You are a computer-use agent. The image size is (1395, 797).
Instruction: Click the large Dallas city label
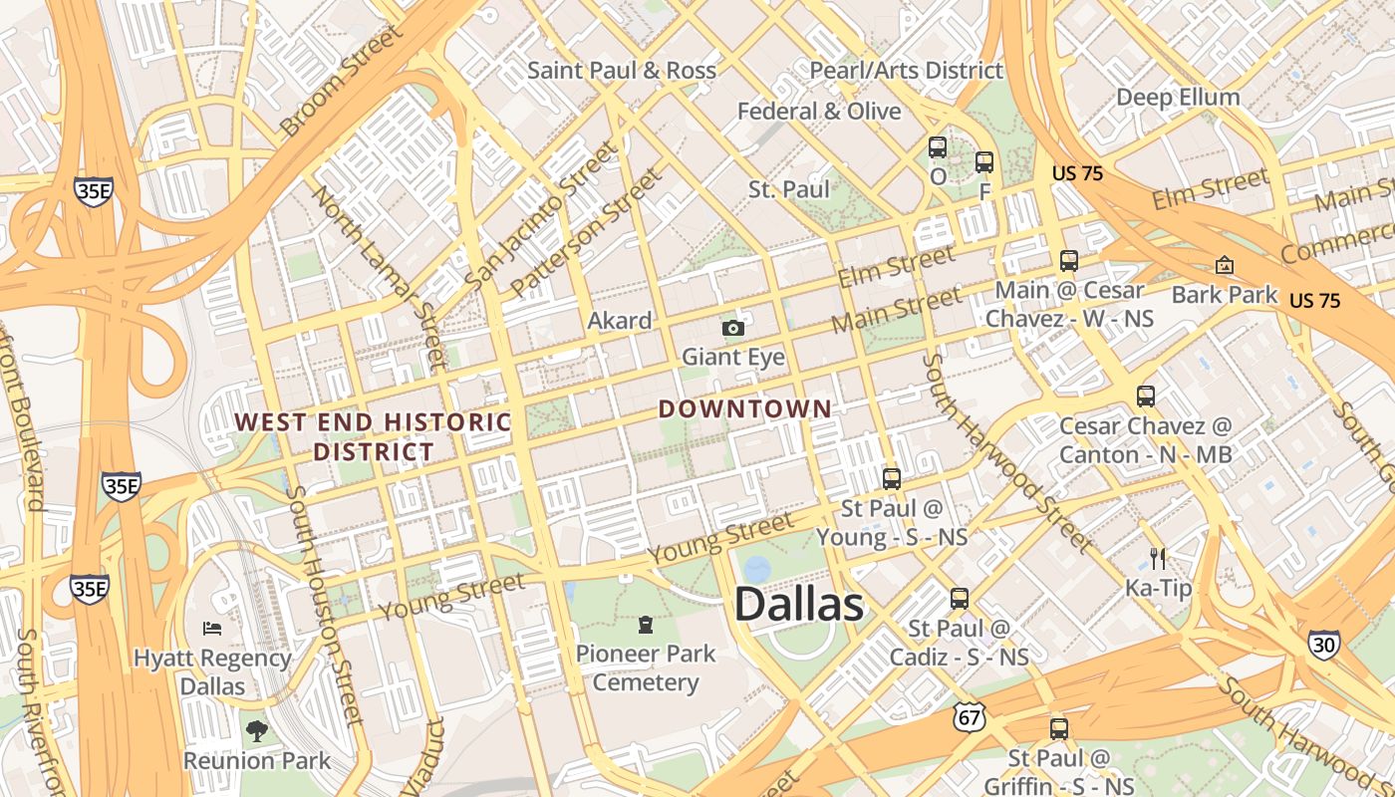[798, 606]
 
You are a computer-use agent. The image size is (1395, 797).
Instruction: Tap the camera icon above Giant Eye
[733, 328]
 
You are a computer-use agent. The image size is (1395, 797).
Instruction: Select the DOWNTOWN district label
[744, 408]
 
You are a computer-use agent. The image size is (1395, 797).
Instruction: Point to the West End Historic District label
[373, 436]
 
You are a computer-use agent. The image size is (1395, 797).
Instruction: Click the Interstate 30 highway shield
[1324, 646]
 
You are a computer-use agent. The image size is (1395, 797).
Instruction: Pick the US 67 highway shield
[969, 715]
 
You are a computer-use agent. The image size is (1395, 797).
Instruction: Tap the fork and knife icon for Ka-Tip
[1158, 559]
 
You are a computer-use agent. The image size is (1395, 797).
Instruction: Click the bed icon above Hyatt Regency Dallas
[212, 628]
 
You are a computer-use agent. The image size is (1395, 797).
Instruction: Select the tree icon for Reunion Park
[257, 731]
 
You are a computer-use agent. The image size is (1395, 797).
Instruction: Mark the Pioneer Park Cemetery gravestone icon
[646, 625]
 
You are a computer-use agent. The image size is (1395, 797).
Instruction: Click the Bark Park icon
[1224, 265]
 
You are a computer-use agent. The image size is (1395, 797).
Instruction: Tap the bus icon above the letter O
[938, 147]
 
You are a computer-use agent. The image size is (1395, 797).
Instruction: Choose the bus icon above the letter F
[984, 161]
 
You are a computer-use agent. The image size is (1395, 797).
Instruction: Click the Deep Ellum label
[1178, 98]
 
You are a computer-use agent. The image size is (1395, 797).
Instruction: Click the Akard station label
[619, 321]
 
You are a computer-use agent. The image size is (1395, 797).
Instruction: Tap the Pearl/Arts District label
[906, 71]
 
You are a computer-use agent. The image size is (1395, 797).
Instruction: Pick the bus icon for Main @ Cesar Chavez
[1069, 261]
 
